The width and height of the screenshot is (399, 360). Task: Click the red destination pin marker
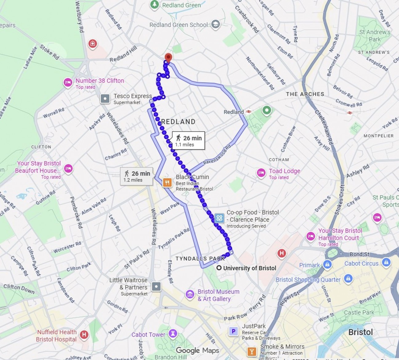(x=168, y=58)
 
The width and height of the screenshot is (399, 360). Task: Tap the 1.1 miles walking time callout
(x=188, y=141)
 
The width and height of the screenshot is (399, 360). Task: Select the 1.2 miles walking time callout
(x=136, y=176)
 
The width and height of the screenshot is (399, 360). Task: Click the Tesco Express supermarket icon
(x=105, y=99)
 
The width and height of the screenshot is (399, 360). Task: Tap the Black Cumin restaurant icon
(x=167, y=182)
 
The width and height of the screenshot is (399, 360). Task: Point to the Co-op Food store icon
(x=219, y=218)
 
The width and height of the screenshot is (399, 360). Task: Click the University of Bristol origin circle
(x=219, y=268)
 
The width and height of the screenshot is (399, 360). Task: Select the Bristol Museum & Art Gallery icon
(x=190, y=295)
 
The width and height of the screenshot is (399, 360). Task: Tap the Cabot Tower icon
(x=173, y=334)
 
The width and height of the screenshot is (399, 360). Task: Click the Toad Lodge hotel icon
(x=261, y=173)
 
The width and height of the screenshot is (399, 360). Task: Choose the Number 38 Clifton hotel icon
(x=68, y=82)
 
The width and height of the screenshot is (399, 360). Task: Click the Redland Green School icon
(x=216, y=24)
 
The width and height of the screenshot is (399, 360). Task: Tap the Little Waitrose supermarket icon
(x=156, y=287)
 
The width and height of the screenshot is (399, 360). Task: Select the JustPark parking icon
(x=233, y=331)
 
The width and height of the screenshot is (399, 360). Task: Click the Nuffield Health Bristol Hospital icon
(x=84, y=335)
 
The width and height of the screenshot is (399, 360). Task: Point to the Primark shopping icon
(x=327, y=264)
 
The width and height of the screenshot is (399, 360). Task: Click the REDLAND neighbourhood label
(x=178, y=122)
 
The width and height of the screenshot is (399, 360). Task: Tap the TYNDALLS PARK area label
(x=200, y=258)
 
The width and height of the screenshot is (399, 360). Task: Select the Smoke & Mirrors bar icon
(x=252, y=351)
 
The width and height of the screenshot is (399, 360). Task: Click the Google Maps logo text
(x=197, y=350)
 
